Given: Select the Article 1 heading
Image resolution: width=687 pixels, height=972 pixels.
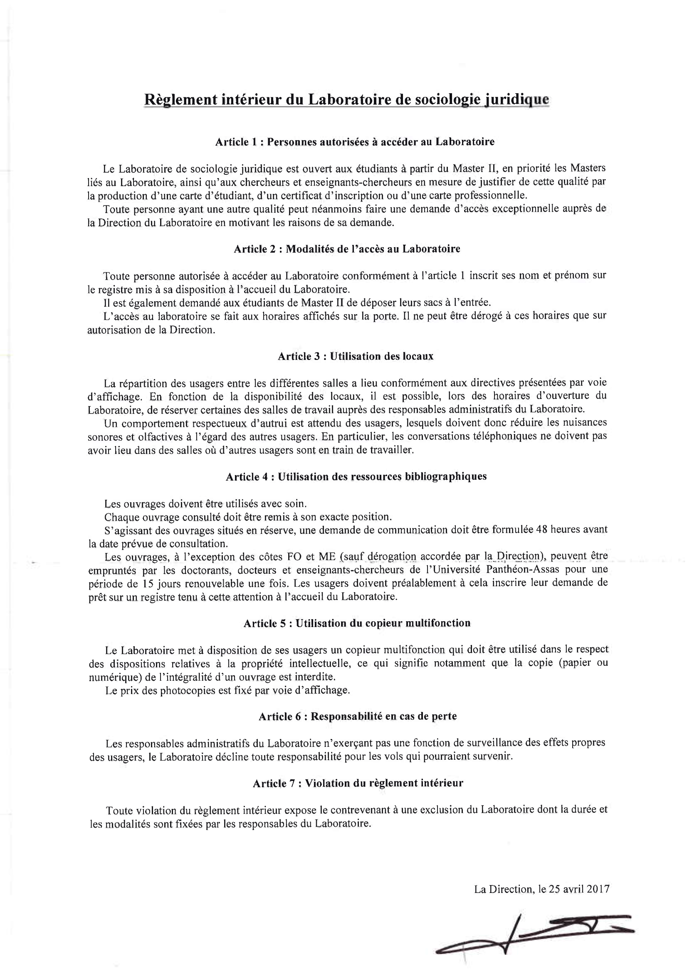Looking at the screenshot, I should tap(354, 142).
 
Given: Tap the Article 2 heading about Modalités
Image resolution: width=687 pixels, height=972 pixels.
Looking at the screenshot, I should tap(347, 249).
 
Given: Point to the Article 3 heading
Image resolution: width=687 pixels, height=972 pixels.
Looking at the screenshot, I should tap(355, 356).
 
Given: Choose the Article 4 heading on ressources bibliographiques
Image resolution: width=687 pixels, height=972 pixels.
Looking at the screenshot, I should tap(356, 476).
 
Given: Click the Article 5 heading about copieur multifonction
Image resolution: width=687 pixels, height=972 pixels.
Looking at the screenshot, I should tap(357, 623).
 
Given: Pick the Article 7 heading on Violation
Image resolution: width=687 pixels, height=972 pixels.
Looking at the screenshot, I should tap(358, 783).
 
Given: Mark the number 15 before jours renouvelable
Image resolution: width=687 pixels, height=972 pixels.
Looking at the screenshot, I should tap(147, 583).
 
